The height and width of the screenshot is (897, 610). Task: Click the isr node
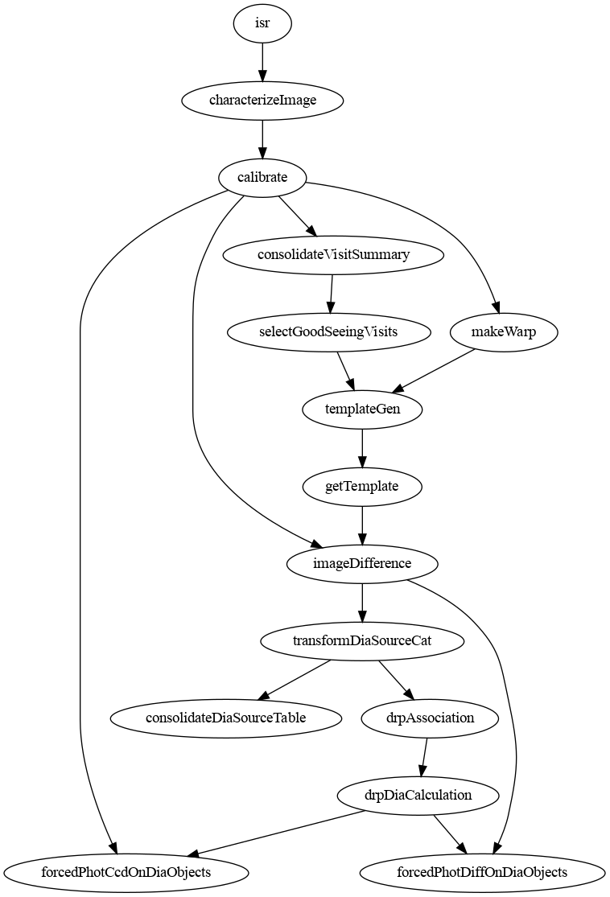[x=262, y=23]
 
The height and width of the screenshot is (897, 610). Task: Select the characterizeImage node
[x=262, y=100]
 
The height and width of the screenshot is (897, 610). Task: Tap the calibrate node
[x=262, y=177]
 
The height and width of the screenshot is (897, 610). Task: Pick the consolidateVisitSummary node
[x=333, y=254]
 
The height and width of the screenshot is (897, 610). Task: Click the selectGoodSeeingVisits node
[x=328, y=331]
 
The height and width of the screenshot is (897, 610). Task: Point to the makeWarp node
[x=504, y=331]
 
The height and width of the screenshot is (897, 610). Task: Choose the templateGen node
[x=362, y=409]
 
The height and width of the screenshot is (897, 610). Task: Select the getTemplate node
[x=361, y=486]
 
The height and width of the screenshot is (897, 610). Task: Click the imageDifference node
[x=362, y=563]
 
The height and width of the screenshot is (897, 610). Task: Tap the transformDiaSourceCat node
[x=362, y=640]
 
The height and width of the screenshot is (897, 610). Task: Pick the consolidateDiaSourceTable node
[x=226, y=718]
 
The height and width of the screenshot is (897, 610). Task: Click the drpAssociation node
[x=431, y=718]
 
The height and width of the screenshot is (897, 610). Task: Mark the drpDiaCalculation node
[x=418, y=795]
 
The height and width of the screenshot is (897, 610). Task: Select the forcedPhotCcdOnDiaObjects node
[x=126, y=872]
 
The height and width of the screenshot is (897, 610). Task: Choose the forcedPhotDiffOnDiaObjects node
[x=482, y=872]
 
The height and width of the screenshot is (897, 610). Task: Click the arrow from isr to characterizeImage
[x=262, y=62]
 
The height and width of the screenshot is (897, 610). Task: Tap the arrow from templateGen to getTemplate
[x=362, y=448]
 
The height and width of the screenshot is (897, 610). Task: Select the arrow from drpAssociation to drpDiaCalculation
[x=424, y=757]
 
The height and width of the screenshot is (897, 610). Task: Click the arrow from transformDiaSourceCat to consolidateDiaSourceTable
[x=294, y=680]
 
